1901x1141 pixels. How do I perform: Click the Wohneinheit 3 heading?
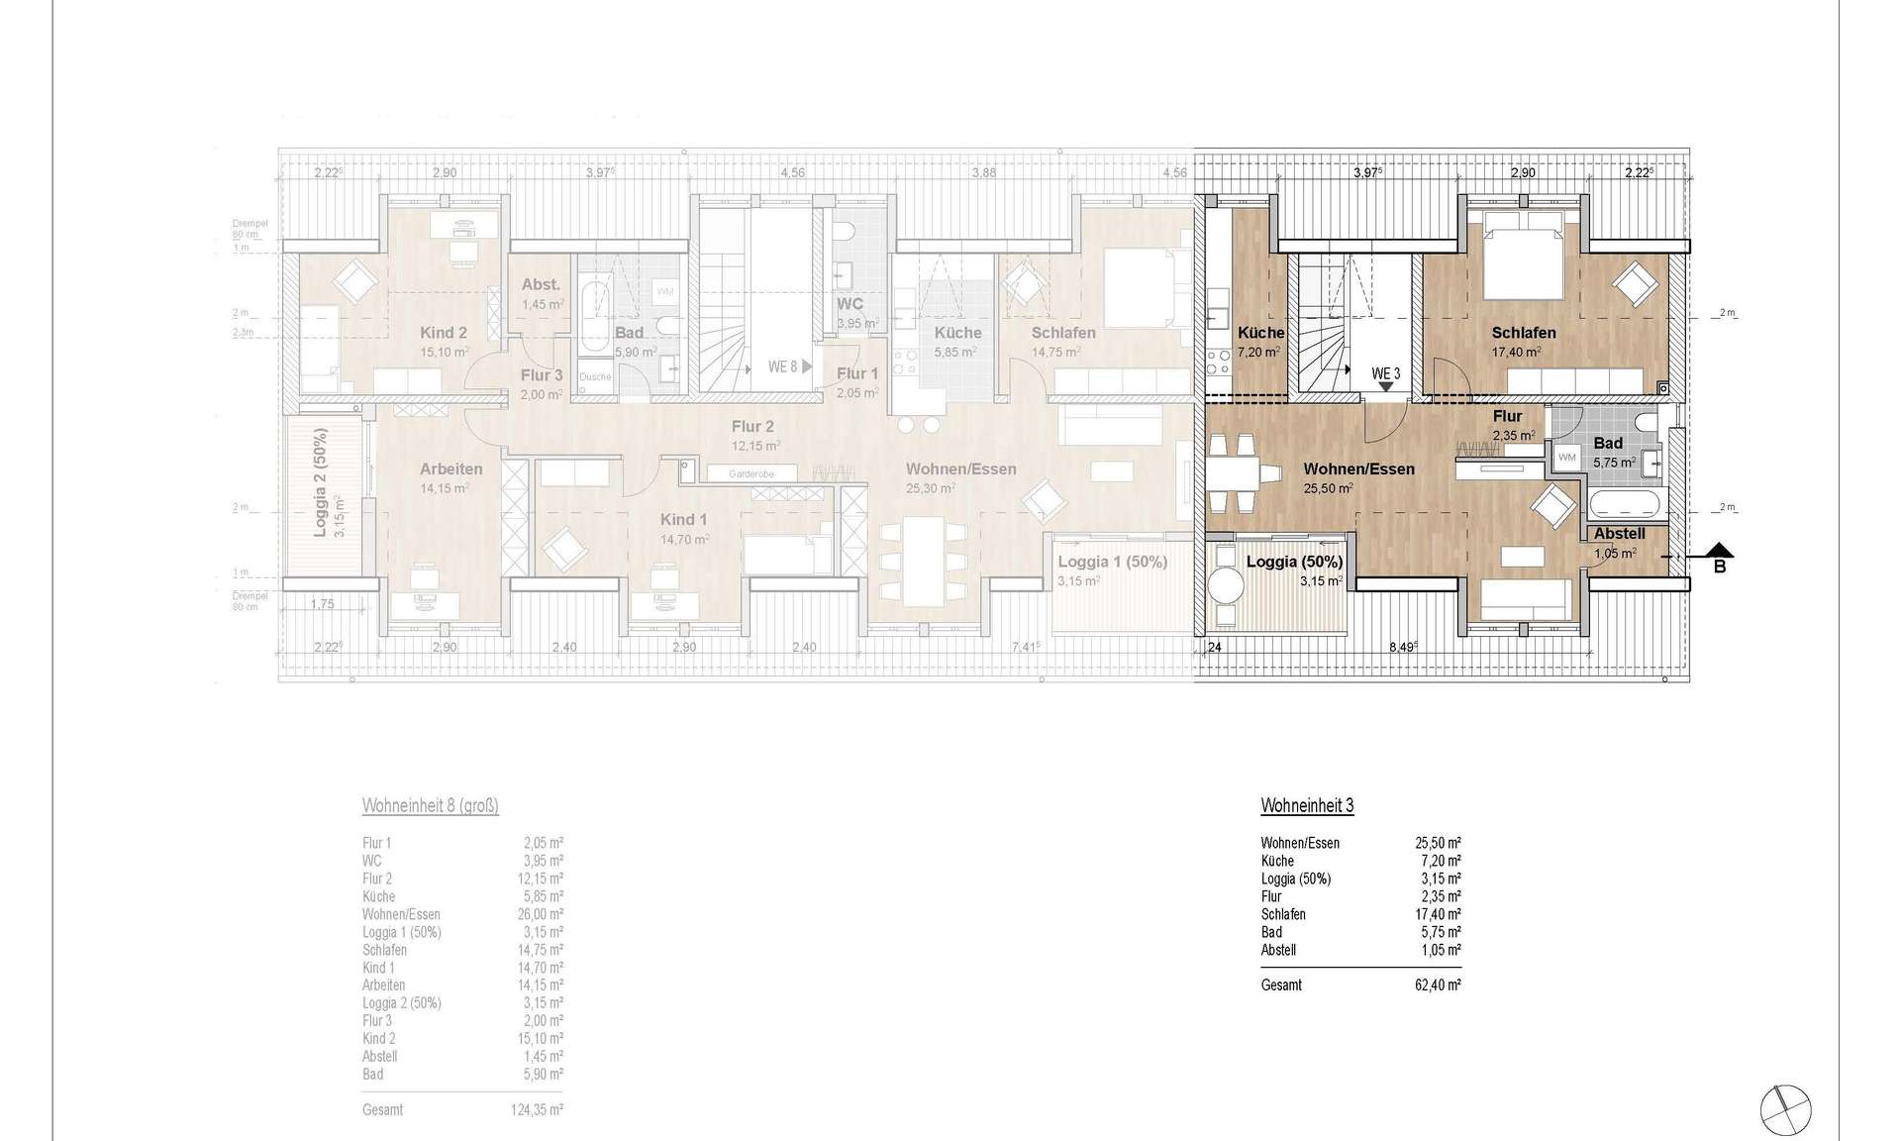(1307, 805)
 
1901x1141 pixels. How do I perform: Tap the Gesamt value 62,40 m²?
(1438, 985)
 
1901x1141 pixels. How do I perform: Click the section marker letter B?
(1720, 567)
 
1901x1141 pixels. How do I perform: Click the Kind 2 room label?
(443, 333)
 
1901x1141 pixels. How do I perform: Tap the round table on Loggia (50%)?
(1227, 586)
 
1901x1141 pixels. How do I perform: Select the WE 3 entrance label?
(1385, 374)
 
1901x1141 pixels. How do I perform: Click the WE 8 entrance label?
(782, 367)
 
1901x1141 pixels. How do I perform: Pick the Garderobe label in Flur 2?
(751, 474)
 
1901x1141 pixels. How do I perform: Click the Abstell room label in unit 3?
(1619, 534)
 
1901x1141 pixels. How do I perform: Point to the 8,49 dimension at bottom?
(1403, 647)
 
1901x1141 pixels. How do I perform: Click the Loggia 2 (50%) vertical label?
(320, 482)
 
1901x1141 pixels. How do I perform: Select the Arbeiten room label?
(450, 469)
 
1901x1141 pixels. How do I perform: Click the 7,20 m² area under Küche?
(1258, 352)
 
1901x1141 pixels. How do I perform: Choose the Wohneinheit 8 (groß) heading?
(430, 805)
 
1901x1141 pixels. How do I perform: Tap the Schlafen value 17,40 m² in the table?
(1438, 914)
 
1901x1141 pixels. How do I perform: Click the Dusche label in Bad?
(595, 377)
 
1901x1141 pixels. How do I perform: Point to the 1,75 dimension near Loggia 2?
(322, 604)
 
